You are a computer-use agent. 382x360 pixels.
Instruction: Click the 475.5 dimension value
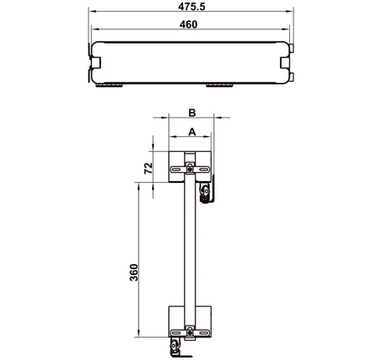click(191, 6)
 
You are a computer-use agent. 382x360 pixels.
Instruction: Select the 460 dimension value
click(188, 24)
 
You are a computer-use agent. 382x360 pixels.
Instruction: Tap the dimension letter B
click(192, 113)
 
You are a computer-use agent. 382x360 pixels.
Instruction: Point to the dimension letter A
click(192, 132)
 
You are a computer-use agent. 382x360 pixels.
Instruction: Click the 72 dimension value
click(149, 168)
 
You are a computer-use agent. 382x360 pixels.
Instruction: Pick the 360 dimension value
click(134, 272)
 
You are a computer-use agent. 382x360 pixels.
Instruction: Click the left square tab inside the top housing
click(96, 63)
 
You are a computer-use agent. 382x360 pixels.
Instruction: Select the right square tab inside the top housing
click(285, 63)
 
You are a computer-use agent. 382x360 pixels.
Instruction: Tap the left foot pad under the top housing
click(109, 85)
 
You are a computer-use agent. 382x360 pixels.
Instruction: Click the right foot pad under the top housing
click(219, 85)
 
